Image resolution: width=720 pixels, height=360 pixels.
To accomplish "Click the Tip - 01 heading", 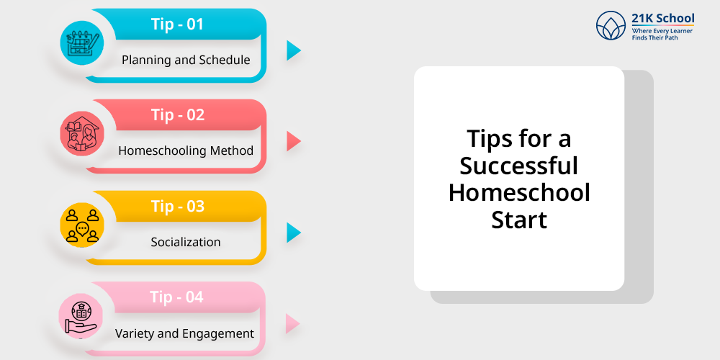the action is coord(177,24).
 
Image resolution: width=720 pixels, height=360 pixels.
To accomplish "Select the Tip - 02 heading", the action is coord(178,114).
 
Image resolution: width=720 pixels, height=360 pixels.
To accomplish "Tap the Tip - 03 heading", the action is coord(178,206).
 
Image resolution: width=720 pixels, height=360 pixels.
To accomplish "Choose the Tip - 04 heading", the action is coord(176,297).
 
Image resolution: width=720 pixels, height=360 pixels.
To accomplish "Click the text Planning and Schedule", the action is coord(186,60).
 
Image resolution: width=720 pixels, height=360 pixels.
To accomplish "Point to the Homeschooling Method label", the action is coord(186,150).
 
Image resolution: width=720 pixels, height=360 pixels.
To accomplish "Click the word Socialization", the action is coord(186,242).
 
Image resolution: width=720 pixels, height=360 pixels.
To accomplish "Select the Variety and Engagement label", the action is coord(184,333).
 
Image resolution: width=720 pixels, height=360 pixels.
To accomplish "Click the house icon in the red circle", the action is coord(83,135).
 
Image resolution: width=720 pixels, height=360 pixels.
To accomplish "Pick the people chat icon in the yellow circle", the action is coord(82,226).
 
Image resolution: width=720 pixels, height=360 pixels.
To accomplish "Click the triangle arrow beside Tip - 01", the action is coord(294,50).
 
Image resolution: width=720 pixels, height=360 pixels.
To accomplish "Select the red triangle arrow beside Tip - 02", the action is coord(294,141).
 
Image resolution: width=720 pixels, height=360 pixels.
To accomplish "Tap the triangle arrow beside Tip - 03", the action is coord(294,233).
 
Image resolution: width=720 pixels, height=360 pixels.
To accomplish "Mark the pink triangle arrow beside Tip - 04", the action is coord(292,324).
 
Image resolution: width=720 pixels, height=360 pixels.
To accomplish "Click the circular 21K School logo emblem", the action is coord(611,26).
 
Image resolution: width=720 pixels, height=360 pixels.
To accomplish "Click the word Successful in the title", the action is coord(519,165).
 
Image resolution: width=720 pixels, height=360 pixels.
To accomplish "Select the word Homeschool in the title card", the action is coord(519,192).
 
